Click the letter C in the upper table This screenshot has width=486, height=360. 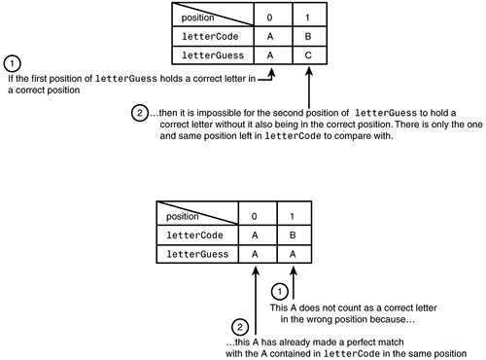click(308, 55)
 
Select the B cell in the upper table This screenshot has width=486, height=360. click(309, 36)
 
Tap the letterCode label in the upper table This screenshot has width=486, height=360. click(210, 36)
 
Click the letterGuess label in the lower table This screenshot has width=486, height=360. click(197, 254)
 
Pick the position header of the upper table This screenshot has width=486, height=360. click(197, 18)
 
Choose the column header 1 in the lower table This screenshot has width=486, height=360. click(292, 216)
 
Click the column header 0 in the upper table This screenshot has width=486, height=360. click(269, 18)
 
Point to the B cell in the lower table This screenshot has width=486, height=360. click(295, 235)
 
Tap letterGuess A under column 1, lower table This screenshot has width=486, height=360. click(293, 254)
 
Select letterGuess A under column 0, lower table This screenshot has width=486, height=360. click(255, 254)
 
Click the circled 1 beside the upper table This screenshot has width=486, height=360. click(13, 63)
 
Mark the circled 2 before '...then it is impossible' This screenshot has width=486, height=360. click(140, 113)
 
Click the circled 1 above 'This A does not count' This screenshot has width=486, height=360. click(279, 291)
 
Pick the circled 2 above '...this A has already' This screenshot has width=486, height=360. click(240, 327)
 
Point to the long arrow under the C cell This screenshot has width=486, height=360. click(309, 88)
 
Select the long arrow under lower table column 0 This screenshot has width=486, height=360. click(256, 301)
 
